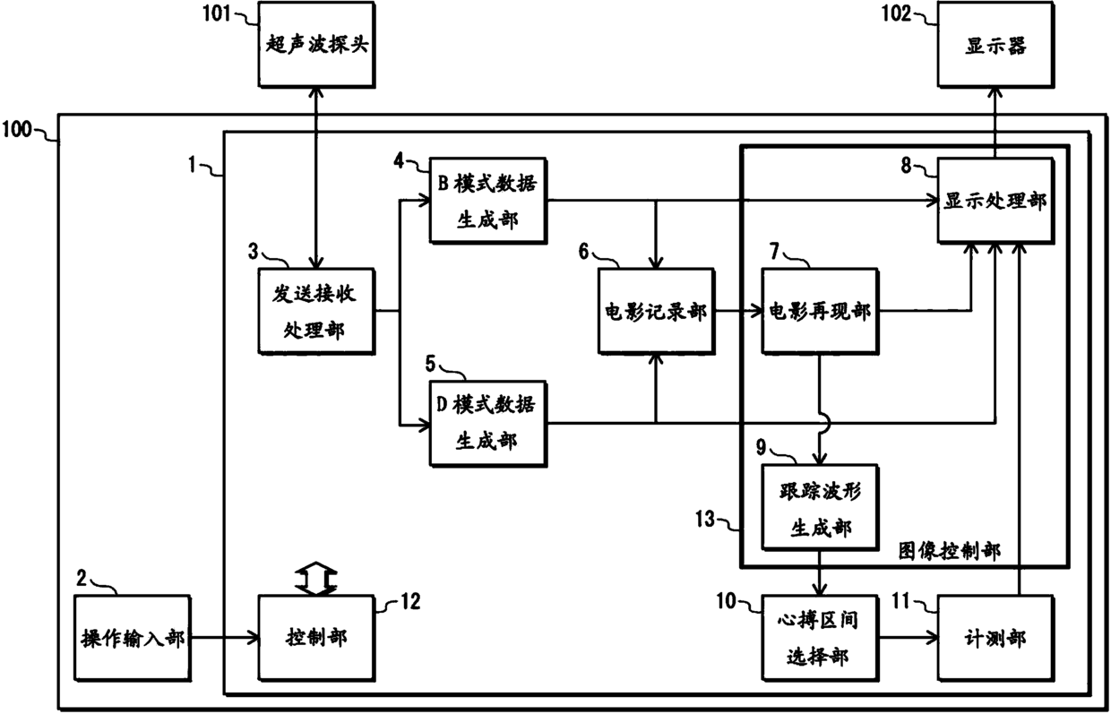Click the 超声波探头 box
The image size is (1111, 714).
coord(316,45)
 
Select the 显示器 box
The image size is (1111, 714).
coord(995,45)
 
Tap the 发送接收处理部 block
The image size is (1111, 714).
coord(316,312)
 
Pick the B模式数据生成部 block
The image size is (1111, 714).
coord(488,201)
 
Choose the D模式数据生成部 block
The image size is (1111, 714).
coord(488,424)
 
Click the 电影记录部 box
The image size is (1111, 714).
coord(656,312)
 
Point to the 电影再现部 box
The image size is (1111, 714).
coord(820,312)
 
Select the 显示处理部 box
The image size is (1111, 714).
coord(995,201)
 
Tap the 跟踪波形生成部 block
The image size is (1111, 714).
coord(820,507)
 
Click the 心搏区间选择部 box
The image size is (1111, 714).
coord(820,638)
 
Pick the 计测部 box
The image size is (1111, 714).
coord(995,638)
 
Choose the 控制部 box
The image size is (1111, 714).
coord(316,638)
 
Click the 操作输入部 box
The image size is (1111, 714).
coord(133,638)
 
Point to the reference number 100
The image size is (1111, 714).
coord(17,129)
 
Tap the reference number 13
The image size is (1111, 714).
coord(705,519)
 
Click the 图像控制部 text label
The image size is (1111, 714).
coord(950,551)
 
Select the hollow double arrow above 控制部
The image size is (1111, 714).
coord(316,578)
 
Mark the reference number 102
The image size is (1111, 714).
coord(896,13)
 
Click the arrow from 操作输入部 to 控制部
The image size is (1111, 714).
coord(225,638)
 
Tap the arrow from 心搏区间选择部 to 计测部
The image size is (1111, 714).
coord(909,638)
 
